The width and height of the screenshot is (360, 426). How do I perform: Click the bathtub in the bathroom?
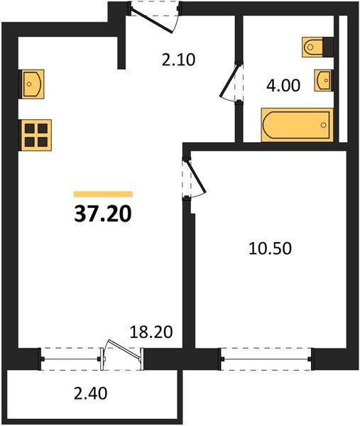pos(296,125)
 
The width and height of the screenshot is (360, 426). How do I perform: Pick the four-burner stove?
pos(36,133)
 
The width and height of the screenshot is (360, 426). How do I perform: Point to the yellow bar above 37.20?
pos(103,193)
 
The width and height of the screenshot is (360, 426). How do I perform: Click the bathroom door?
pos(230,83)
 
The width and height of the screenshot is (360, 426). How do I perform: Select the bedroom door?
pos(194,177)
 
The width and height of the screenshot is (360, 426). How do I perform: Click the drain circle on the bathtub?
pos(324,126)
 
